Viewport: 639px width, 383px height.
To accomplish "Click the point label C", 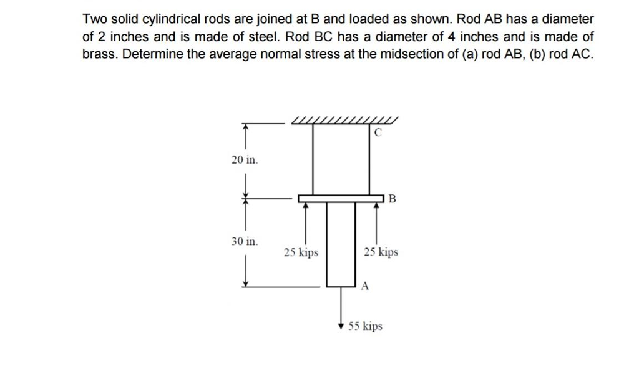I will [378, 132].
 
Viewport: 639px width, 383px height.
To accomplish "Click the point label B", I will [392, 199].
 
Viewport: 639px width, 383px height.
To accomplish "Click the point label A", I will [366, 286].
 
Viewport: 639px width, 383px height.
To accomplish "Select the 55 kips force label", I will [366, 326].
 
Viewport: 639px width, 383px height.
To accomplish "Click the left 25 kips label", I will [301, 252].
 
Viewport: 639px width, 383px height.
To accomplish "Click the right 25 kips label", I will [381, 252].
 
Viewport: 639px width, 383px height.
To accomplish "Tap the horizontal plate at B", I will [341, 199].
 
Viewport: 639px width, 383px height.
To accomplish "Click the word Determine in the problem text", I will [154, 54].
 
